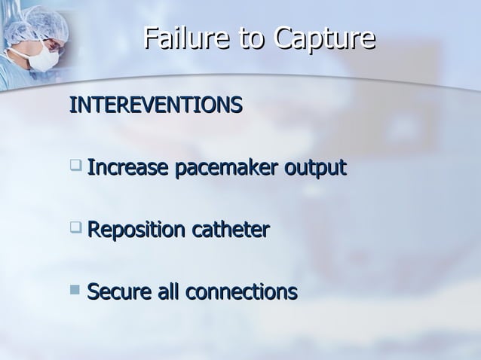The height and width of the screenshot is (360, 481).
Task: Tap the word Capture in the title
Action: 326,38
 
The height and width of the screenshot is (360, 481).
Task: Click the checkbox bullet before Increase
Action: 75,163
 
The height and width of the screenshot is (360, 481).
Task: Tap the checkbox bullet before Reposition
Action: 75,226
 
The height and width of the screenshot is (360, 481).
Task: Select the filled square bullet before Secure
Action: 75,287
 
